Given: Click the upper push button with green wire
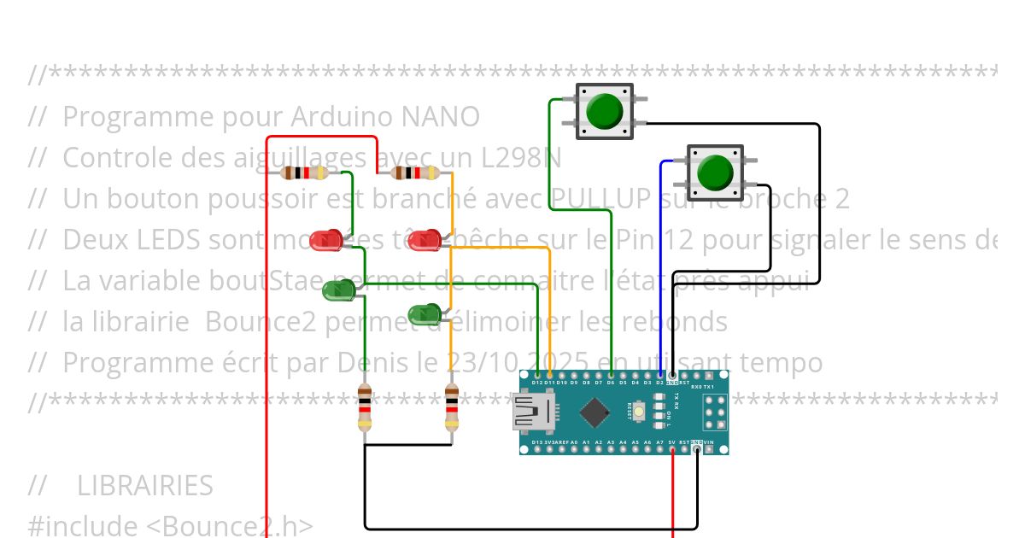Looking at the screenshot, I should (x=605, y=111).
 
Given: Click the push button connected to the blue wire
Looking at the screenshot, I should (x=715, y=173).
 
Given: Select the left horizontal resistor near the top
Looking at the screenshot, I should (x=304, y=173).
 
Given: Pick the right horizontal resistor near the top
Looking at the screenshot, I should (x=414, y=173).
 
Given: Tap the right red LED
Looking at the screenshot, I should (x=424, y=241).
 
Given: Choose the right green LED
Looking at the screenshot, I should (x=425, y=315).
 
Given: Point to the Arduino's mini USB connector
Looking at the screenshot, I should (x=531, y=412).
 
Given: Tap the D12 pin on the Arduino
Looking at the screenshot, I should (x=536, y=375).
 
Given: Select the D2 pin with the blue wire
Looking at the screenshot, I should (x=660, y=375).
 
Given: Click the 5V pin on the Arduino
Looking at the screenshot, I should (x=673, y=449).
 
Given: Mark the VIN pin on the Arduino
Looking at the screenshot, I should (x=710, y=449).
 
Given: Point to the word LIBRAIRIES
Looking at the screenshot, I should (x=144, y=485).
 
